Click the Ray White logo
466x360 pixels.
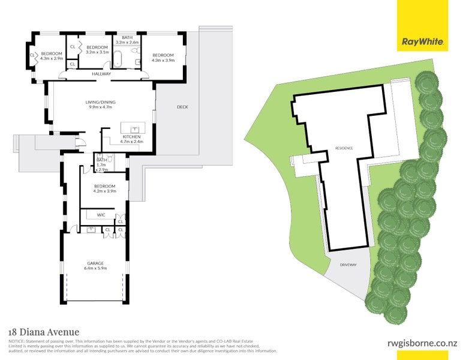click(x=423, y=42)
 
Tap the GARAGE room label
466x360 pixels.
click(x=95, y=263)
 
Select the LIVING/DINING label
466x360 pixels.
click(x=100, y=102)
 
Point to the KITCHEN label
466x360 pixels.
click(x=131, y=137)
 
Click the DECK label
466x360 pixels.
click(x=182, y=107)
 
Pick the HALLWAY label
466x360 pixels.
click(x=101, y=74)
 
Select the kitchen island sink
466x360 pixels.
click(x=134, y=128)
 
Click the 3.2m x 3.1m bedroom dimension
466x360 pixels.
click(x=97, y=53)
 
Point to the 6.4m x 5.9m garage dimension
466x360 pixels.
click(x=95, y=269)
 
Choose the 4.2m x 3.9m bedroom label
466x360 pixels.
click(x=104, y=192)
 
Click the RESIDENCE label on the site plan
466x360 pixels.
click(x=344, y=148)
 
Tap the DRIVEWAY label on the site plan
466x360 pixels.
click(x=348, y=265)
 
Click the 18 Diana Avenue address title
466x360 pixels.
click(x=43, y=332)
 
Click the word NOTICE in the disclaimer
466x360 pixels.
click(x=16, y=341)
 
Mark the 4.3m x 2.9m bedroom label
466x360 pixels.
click(x=52, y=59)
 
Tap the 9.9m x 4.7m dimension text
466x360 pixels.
click(x=100, y=108)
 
